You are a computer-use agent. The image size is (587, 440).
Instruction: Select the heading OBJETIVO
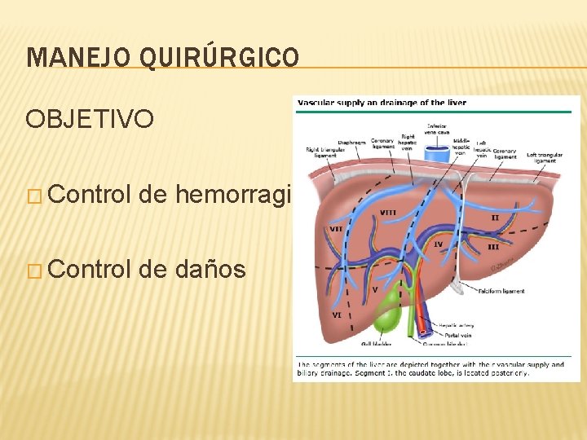coord(90,120)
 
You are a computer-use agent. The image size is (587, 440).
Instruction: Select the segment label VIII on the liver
coord(389,213)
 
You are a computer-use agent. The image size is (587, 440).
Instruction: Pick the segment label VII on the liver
coord(334,229)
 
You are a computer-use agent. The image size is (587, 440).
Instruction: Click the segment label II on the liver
coord(495,218)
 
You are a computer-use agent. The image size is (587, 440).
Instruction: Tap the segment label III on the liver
coord(493,247)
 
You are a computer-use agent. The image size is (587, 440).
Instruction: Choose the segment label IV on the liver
coord(438,244)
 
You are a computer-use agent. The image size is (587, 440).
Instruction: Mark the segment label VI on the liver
coord(336,315)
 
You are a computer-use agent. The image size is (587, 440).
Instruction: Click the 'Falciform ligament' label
coord(502,291)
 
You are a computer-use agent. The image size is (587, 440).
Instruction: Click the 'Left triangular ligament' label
coord(543,157)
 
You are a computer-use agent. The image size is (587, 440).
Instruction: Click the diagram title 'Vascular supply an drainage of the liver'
coord(382,103)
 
